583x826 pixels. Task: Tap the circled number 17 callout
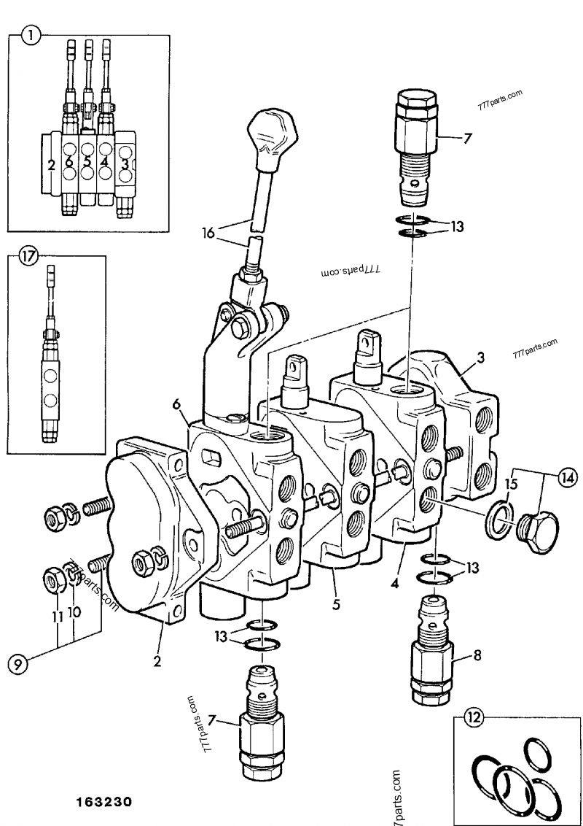(x=28, y=256)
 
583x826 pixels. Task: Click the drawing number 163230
(x=102, y=802)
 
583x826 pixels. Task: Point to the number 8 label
(x=477, y=655)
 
